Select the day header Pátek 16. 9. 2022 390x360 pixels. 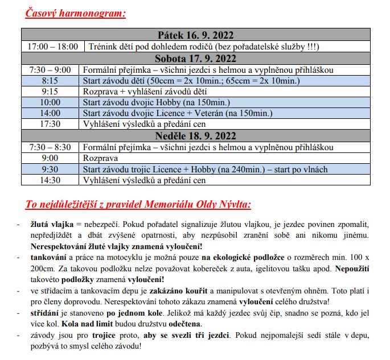click(x=195, y=35)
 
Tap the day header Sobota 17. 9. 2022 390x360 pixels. click(x=195, y=59)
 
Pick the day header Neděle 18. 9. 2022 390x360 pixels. click(x=195, y=136)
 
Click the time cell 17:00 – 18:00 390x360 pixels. click(x=52, y=47)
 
